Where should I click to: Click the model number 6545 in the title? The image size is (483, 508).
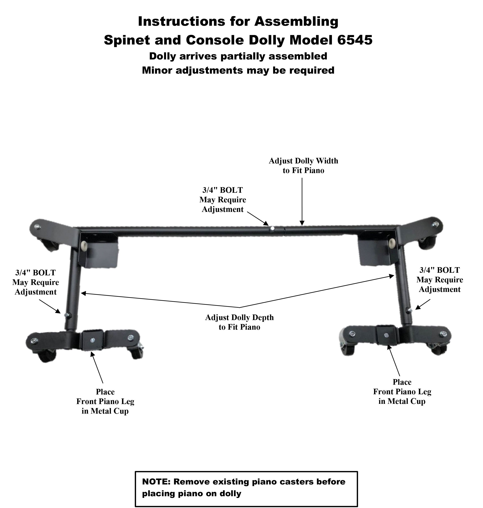click(355, 40)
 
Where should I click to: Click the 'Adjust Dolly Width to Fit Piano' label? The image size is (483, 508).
click(303, 166)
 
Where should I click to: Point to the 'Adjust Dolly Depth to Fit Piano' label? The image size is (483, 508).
click(239, 322)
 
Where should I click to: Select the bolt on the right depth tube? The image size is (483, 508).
click(410, 310)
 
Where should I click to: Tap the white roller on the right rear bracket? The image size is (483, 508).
click(393, 243)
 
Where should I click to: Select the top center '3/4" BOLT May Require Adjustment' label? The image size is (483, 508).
click(223, 200)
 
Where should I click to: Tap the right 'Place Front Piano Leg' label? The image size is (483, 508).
click(402, 392)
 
